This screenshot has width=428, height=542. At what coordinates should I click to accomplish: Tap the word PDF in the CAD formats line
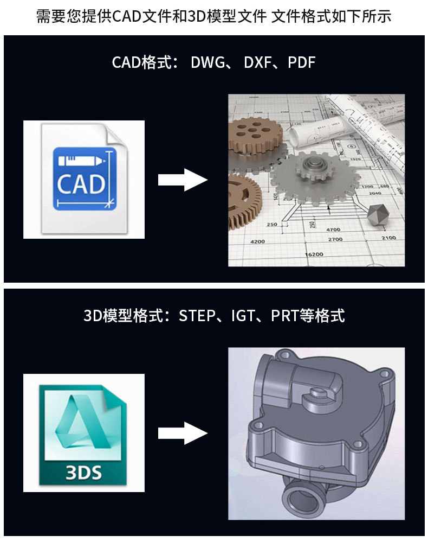point(301,62)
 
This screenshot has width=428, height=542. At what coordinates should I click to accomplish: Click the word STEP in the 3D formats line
point(197,316)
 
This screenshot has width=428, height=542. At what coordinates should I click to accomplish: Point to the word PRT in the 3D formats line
point(284,316)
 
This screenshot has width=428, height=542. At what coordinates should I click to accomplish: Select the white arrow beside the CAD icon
point(183,180)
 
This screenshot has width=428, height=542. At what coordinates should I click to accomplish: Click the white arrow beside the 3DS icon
point(183,433)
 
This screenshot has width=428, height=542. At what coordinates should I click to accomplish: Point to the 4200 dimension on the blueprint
point(258,241)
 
